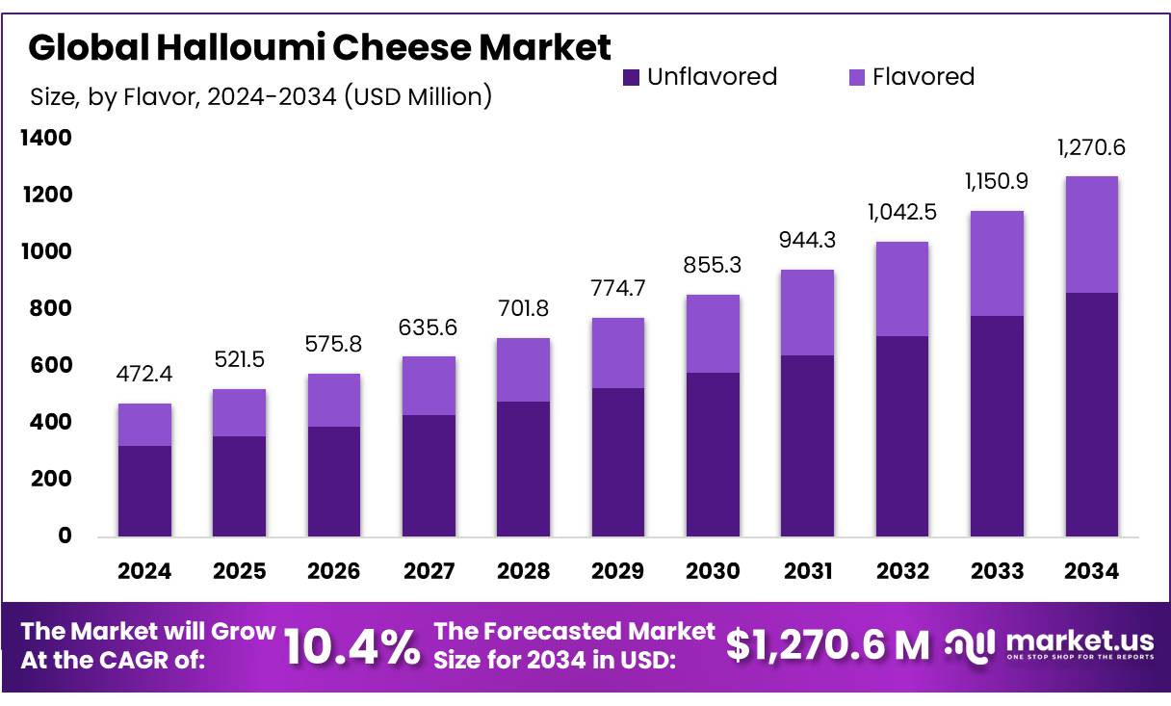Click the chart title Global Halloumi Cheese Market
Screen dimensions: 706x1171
tap(320, 46)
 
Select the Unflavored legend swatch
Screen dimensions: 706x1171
tap(631, 77)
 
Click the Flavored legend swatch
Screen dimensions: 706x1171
tap(856, 77)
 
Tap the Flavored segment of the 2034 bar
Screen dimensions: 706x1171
tap(1091, 234)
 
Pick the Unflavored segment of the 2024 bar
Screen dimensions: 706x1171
tap(144, 490)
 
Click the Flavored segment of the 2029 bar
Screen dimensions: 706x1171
tap(617, 353)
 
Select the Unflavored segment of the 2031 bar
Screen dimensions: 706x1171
tap(807, 445)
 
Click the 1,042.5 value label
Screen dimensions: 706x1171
tap(901, 211)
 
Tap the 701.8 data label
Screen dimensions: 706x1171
tap(523, 309)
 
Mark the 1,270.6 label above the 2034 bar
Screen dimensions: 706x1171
tap(1091, 148)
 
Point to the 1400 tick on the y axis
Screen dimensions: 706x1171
tap(45, 139)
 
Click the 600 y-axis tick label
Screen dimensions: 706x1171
tap(50, 366)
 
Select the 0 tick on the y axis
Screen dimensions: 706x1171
tap(65, 536)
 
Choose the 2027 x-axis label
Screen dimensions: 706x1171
tap(429, 571)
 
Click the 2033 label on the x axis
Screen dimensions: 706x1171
tap(997, 571)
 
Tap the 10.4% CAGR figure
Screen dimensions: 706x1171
tap(352, 647)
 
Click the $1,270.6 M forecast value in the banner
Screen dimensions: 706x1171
tap(827, 645)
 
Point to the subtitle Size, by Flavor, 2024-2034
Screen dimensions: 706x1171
tap(261, 96)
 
